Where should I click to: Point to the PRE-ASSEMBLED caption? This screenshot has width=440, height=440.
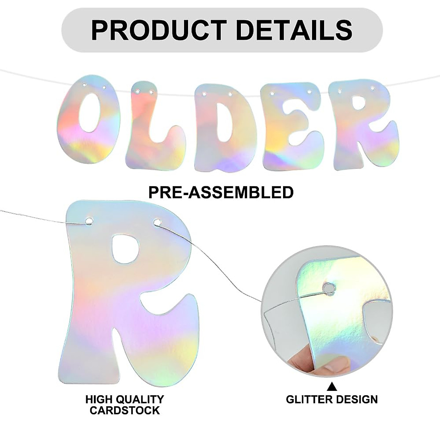coord(221,192)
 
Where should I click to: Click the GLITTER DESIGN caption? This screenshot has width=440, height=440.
coord(331,399)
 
